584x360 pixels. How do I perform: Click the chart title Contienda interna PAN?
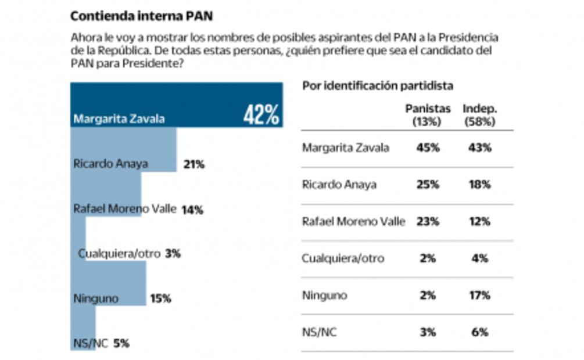(x=141, y=15)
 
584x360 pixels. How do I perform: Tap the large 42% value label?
(x=261, y=115)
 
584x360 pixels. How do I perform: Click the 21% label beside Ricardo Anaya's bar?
(x=194, y=164)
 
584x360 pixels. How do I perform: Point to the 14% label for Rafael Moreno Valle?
(x=192, y=210)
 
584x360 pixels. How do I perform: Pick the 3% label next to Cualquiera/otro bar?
(x=173, y=253)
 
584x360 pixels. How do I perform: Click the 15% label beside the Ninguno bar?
(x=160, y=298)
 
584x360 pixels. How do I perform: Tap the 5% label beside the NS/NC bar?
(x=121, y=343)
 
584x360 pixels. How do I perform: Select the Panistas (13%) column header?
(x=427, y=115)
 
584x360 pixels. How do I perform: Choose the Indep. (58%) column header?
(x=479, y=115)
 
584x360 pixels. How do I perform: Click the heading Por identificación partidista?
(x=378, y=86)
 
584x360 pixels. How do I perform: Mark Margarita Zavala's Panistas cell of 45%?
(x=428, y=147)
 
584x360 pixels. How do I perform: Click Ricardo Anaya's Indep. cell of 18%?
(x=479, y=185)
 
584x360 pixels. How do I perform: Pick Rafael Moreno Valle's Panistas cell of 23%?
(x=428, y=221)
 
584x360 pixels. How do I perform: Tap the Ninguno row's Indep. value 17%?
(x=479, y=295)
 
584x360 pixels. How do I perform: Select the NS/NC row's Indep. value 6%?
(x=479, y=332)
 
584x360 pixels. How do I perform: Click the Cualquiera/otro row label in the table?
(x=343, y=258)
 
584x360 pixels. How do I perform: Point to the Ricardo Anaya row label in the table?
(x=339, y=185)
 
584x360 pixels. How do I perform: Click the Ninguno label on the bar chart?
(x=96, y=299)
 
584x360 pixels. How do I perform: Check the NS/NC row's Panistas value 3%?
(x=428, y=332)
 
